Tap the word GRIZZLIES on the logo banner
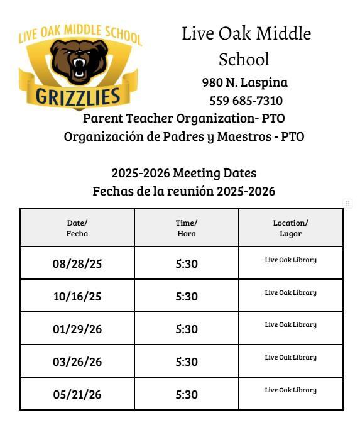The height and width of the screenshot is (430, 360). point(77,97)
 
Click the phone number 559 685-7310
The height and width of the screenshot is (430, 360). point(246,101)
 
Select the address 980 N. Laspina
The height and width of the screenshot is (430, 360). point(245,82)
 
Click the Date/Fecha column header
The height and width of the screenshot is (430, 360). point(77,228)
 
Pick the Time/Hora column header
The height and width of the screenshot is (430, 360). point(187,228)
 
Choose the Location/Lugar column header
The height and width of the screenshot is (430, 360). point(290,228)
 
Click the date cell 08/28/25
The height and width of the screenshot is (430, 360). point(77,263)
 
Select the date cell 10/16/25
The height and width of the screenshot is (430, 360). point(77,296)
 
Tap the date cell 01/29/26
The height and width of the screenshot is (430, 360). point(77,329)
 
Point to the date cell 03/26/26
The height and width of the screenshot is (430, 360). point(77,361)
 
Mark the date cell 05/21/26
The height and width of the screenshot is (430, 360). point(77,394)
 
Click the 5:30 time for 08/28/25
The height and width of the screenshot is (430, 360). point(187,263)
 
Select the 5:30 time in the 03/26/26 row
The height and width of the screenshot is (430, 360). point(187,361)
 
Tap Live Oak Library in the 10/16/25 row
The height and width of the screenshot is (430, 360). point(290,292)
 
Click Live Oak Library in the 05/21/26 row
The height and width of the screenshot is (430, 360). point(290,390)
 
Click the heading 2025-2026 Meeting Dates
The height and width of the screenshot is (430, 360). point(184,173)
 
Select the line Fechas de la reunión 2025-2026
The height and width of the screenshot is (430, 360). point(184,191)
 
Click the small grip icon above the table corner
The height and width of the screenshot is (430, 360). point(347,203)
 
